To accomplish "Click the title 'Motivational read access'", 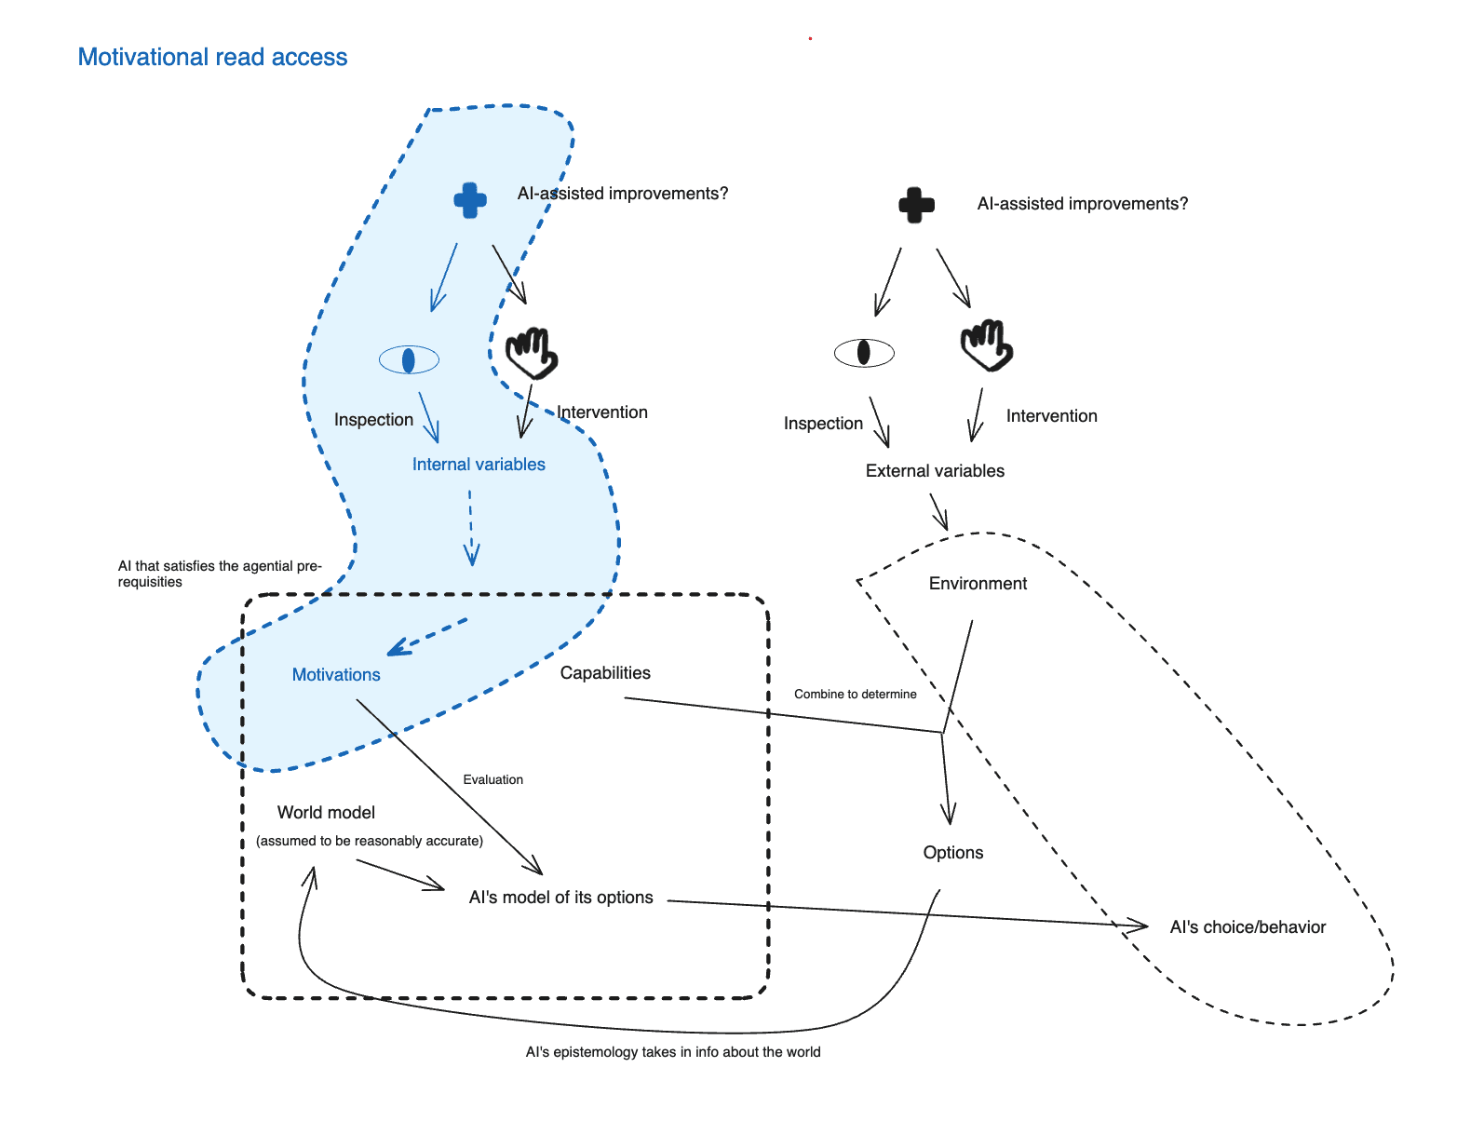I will [212, 57].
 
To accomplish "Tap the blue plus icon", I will [470, 200].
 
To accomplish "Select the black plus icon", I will [916, 205].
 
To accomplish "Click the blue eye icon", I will [409, 359].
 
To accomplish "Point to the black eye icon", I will [864, 353].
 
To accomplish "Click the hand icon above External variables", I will [986, 345].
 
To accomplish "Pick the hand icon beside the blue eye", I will [531, 353].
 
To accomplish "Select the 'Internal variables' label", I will [479, 465].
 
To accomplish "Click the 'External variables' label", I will [935, 471].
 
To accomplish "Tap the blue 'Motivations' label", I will [336, 675].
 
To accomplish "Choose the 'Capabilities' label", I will [605, 673].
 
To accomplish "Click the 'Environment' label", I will [978, 584].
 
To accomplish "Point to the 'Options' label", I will [952, 853].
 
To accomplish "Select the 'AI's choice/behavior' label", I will [1248, 927].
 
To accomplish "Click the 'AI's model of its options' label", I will [560, 898].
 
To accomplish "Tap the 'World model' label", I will [326, 813].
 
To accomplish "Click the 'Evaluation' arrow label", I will [492, 780].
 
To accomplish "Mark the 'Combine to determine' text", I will [855, 695].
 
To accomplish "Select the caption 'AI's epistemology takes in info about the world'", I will [673, 1052].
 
